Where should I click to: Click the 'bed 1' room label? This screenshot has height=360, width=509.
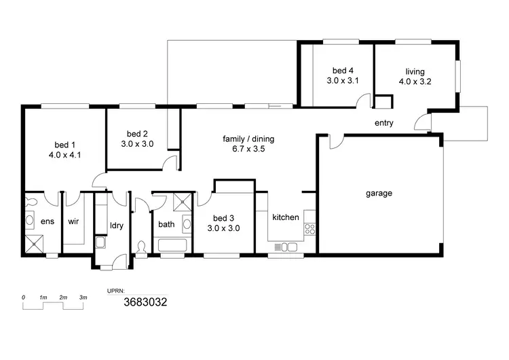coord(64,144)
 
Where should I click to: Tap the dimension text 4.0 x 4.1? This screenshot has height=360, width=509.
coord(64,154)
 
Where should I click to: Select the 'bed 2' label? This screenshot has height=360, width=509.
coord(137,133)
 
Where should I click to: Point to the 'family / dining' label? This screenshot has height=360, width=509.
coord(248,139)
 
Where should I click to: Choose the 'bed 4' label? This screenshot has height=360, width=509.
coord(343,71)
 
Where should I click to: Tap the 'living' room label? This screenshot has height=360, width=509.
coord(415,71)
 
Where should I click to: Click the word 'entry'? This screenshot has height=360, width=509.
coord(384,123)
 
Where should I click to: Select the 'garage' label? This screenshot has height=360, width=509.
coord(379,193)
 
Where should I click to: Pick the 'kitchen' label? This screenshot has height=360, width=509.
coord(286,217)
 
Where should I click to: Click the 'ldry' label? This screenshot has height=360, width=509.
coord(116,225)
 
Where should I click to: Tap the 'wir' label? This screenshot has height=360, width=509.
coord(73,221)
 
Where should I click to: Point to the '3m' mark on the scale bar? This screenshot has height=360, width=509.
coord(83,298)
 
